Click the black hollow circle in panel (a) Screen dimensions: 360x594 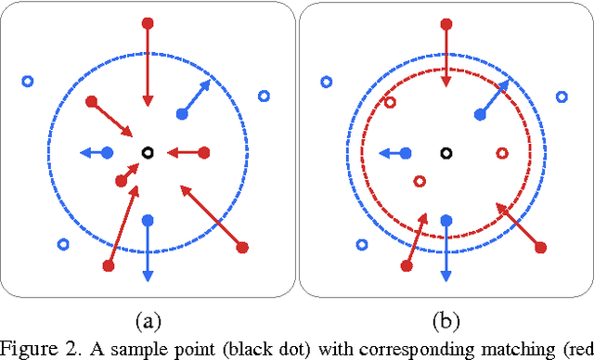pos(146,152)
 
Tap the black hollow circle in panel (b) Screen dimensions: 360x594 pos(445,152)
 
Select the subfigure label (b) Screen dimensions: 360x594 pos(445,321)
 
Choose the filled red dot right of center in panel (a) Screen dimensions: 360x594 pos(204,152)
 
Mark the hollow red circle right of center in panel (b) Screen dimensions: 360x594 pos(503,152)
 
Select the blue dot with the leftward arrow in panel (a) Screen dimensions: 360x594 pos(107,152)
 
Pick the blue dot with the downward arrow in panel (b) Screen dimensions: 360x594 pos(445,221)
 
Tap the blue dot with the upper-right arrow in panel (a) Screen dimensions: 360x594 pos(181,114)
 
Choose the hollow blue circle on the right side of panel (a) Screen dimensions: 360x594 pos(263,96)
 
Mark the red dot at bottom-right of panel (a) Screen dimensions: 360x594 pos(243,247)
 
